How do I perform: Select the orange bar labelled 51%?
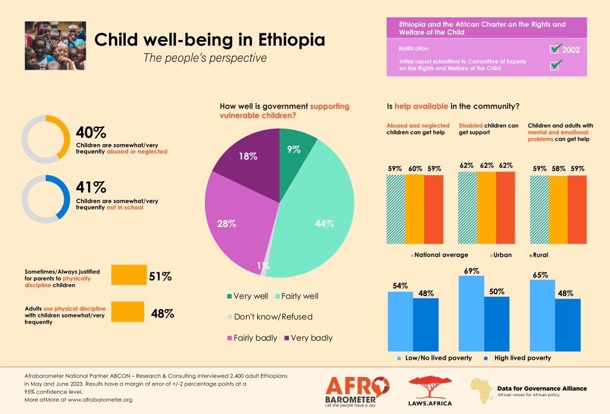(x=129, y=275)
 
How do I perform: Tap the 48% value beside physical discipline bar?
(x=162, y=313)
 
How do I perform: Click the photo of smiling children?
(x=55, y=46)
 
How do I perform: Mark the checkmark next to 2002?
(x=557, y=48)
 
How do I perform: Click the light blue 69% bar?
(x=471, y=313)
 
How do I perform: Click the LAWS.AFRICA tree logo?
(x=430, y=390)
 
